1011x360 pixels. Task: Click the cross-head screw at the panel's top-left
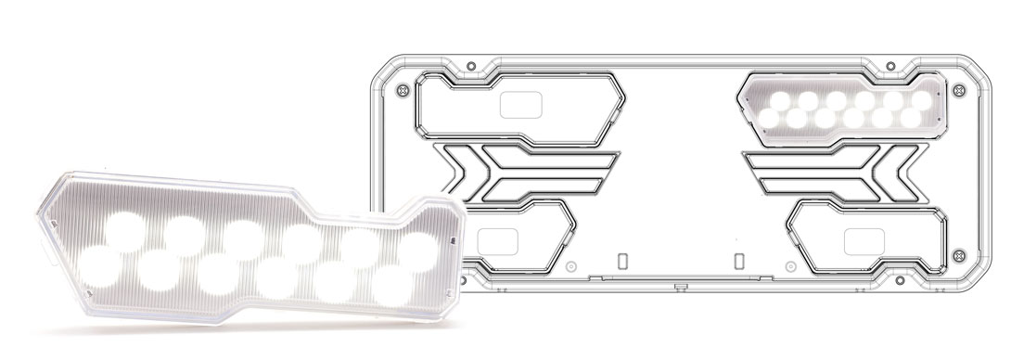tap(401, 91)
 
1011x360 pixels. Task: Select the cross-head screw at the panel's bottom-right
tap(958, 254)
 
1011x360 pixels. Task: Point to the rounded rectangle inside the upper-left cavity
tap(519, 105)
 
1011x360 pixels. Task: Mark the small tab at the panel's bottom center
tap(681, 281)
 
